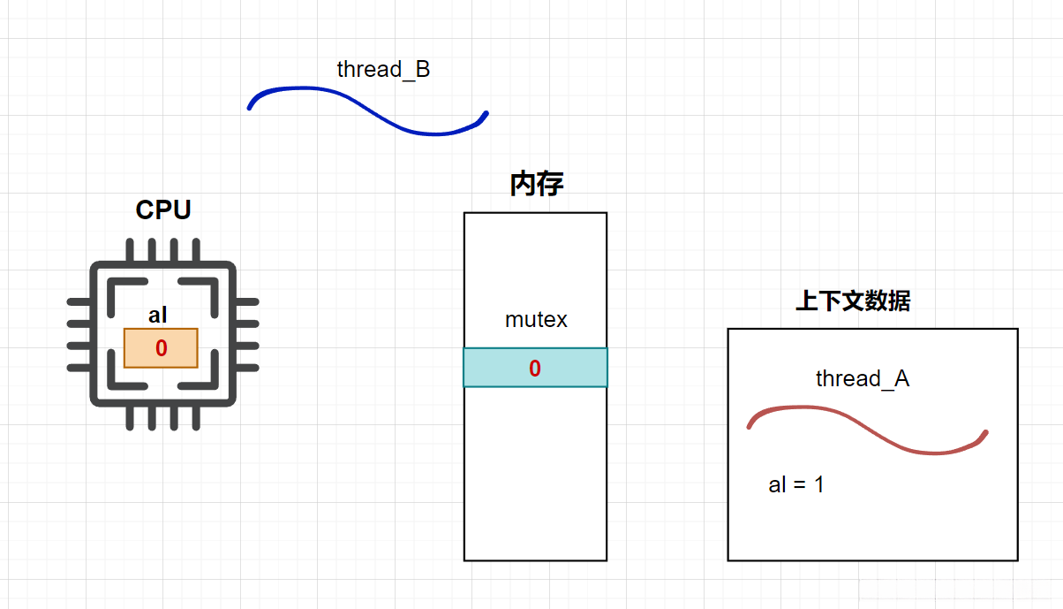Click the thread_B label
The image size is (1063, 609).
click(x=383, y=69)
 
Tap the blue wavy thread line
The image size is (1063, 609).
click(x=368, y=110)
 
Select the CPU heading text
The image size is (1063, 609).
click(x=163, y=209)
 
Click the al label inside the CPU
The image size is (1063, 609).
click(x=157, y=315)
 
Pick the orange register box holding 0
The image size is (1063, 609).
click(x=161, y=347)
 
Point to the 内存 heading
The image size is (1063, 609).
click(x=537, y=184)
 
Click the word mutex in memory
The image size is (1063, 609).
click(x=536, y=320)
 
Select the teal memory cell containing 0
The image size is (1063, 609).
click(x=535, y=368)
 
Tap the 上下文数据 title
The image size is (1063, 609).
click(x=853, y=301)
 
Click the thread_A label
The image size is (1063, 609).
click(x=863, y=378)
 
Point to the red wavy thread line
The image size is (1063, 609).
click(x=868, y=430)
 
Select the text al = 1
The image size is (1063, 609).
click(x=796, y=484)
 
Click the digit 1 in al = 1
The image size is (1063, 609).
click(x=819, y=484)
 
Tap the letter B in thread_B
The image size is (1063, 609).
click(x=423, y=69)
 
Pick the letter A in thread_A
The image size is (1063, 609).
click(x=901, y=378)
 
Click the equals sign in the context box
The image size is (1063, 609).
click(x=800, y=485)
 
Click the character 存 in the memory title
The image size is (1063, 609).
click(x=551, y=184)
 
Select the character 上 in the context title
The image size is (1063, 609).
click(x=807, y=301)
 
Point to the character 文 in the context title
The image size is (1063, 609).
click(x=853, y=301)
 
